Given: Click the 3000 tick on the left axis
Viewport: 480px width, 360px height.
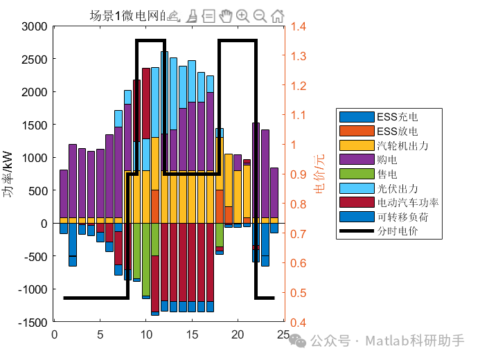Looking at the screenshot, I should pyautogui.click(x=34, y=26).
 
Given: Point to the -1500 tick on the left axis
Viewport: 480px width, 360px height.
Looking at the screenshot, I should pyautogui.click(x=32, y=322).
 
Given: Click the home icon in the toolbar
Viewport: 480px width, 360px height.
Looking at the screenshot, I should pyautogui.click(x=277, y=15).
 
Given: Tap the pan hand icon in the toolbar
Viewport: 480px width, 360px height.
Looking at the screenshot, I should pyautogui.click(x=226, y=15).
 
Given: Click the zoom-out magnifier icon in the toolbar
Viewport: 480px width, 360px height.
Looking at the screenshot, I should pyautogui.click(x=260, y=15).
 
